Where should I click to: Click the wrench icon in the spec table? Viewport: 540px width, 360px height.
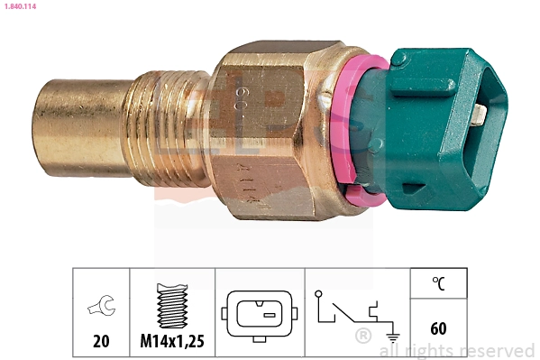point(101,308)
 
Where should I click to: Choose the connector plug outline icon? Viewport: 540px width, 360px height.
point(261,313)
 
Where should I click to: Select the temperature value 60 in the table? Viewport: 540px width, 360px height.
point(438,328)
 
